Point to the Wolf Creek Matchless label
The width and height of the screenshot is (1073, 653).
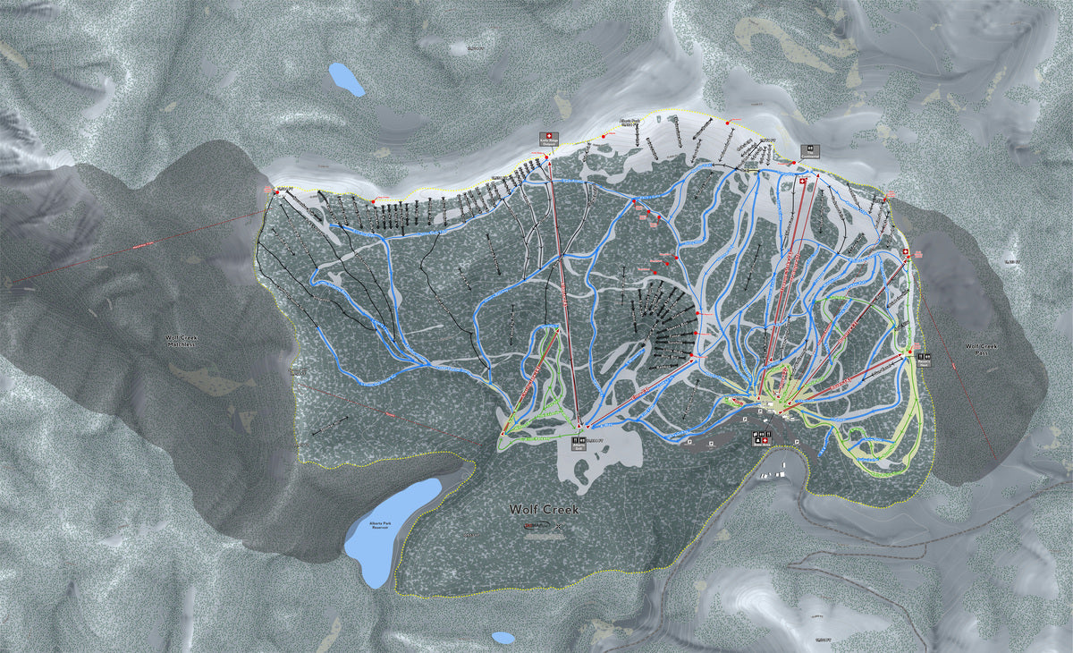[x=185, y=343]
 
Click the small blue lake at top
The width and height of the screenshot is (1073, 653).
[x=346, y=80]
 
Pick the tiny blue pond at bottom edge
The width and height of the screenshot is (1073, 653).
[x=503, y=638]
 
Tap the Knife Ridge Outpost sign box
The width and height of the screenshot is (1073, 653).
[x=544, y=138]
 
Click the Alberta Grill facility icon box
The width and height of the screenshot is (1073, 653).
[x=577, y=441]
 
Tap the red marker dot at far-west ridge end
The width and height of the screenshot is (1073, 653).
[x=277, y=191]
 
